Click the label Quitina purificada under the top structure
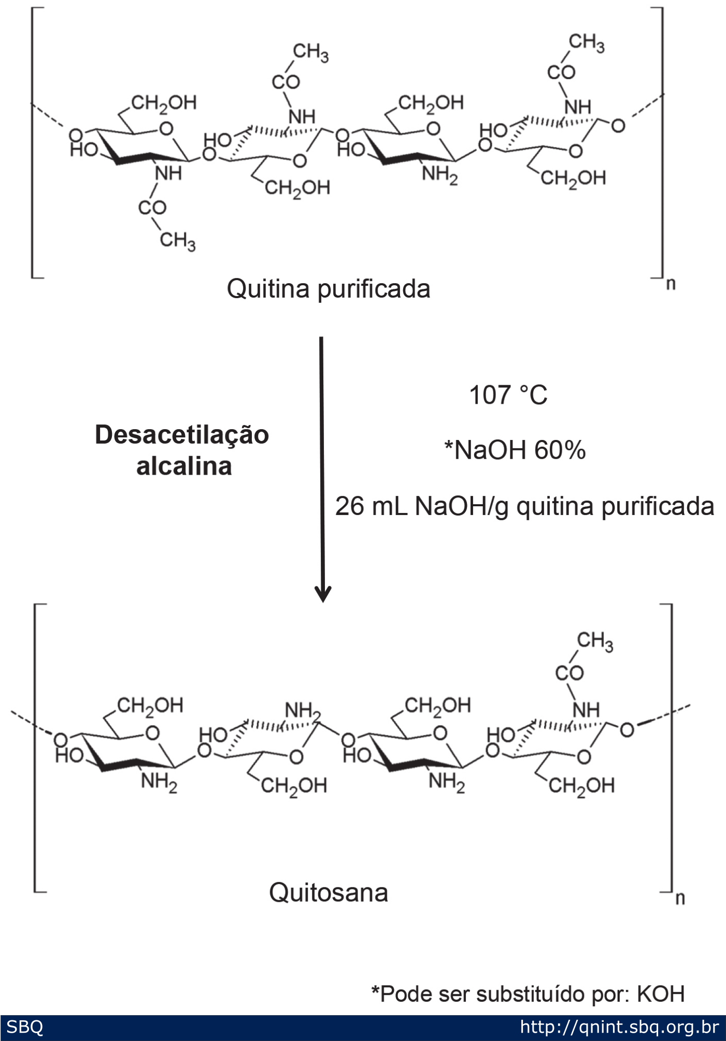(328, 289)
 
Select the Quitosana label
(328, 892)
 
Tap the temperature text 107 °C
(508, 395)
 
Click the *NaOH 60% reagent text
(515, 450)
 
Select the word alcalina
(184, 466)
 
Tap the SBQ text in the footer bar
(24, 1027)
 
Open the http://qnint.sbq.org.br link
(619, 1027)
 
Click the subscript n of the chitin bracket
(671, 284)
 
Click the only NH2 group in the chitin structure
(439, 174)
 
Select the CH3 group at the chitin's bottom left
(178, 241)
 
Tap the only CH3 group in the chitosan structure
(595, 641)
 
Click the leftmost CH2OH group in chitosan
(150, 706)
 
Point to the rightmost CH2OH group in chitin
(573, 179)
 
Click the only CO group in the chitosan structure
(569, 673)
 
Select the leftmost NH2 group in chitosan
(159, 782)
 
